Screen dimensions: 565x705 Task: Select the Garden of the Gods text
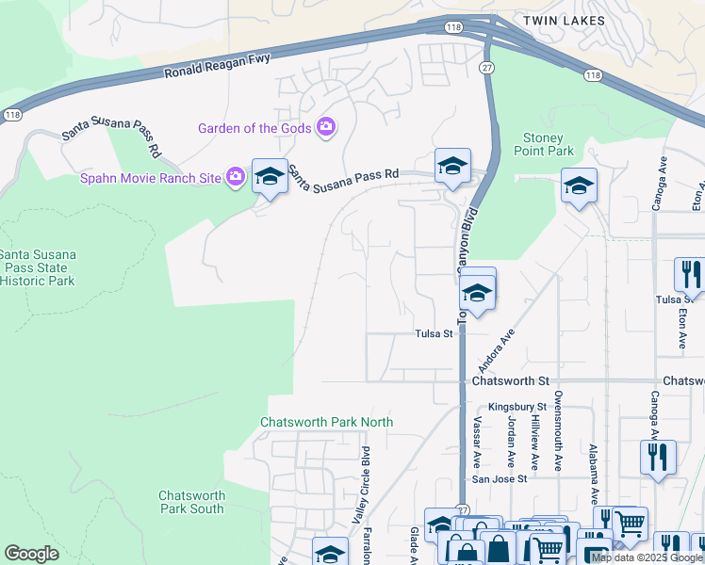tap(255, 128)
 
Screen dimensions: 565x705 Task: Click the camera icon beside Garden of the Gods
tap(326, 127)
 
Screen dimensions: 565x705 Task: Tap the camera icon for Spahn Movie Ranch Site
tap(236, 176)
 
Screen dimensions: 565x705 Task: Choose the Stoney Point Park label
tap(543, 144)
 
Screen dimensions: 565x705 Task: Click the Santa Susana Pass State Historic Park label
tap(38, 267)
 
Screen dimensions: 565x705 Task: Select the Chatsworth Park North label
tap(326, 422)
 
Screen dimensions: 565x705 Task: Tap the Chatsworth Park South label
tap(191, 502)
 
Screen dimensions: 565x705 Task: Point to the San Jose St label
tap(500, 477)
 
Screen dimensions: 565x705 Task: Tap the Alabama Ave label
tap(593, 476)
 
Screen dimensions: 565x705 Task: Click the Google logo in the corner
tap(31, 554)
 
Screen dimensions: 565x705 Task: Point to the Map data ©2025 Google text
tap(648, 557)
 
